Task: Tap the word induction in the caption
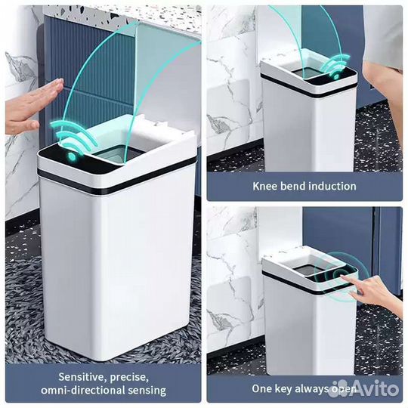tap(332, 187)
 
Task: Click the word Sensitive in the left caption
tap(82, 377)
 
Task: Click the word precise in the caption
tap(130, 378)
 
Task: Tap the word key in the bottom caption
tap(284, 389)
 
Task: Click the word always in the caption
tap(311, 389)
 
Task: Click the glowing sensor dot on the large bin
tap(71, 156)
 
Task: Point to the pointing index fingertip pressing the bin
tap(342, 277)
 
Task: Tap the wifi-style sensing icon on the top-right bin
tap(335, 66)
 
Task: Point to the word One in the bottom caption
tap(263, 389)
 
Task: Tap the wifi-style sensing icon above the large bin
tap(74, 138)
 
